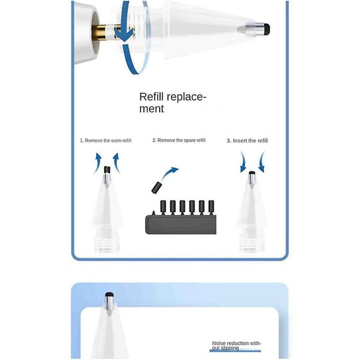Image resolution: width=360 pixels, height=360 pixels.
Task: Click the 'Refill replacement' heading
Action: pos(173,103)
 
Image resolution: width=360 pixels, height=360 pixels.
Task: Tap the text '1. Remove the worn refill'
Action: pos(106,140)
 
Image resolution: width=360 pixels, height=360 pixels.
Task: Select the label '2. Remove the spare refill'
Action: pos(179,140)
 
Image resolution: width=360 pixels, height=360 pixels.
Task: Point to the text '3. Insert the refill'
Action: pos(247,140)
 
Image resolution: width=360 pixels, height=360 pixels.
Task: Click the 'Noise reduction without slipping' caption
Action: pos(236,346)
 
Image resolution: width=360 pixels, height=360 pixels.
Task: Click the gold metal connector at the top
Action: pos(101,32)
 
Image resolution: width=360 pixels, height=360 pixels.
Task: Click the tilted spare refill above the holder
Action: pos(157,187)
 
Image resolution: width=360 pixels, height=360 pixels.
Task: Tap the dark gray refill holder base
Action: pos(181,224)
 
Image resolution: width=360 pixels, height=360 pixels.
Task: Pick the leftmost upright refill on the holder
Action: pos(163,208)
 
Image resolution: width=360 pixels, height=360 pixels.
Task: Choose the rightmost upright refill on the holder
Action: pos(211,208)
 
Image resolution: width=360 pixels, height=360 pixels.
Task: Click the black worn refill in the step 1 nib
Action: pos(107,170)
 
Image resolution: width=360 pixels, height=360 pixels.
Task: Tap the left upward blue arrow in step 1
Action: pos(98,163)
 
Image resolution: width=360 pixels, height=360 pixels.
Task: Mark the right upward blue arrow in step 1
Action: pos(116,163)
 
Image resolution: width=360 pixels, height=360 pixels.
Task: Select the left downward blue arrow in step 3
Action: pos(243,162)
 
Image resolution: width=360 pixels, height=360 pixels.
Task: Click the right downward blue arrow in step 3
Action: pos(261,162)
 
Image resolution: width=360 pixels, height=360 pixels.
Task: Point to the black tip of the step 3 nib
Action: pos(252,173)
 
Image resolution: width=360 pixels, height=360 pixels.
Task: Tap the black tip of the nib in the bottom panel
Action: pos(110,295)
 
